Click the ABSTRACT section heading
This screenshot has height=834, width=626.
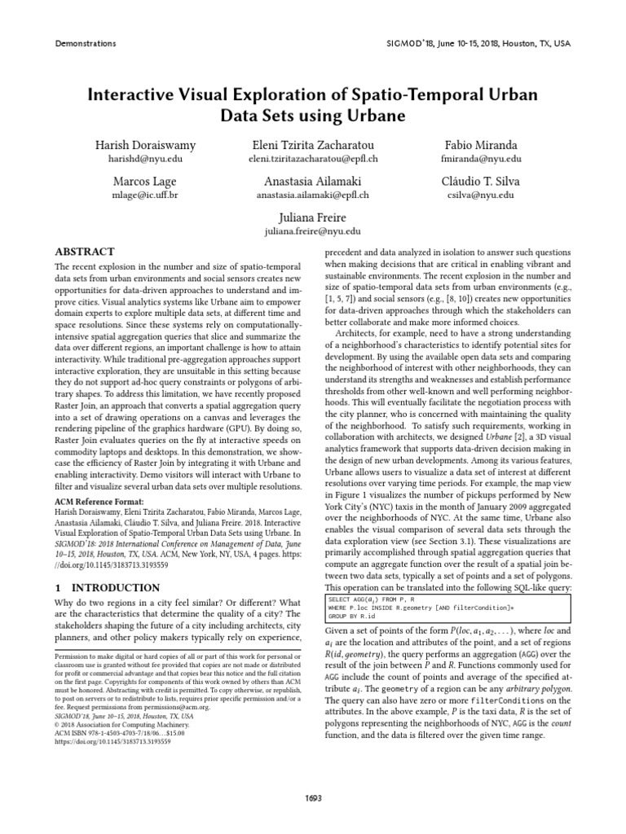click(84, 252)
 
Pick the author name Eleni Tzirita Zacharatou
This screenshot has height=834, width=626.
click(312, 145)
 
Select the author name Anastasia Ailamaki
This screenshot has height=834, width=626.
click(312, 181)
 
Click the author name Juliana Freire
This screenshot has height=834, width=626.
click(312, 217)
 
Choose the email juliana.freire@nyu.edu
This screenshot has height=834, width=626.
click(312, 231)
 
